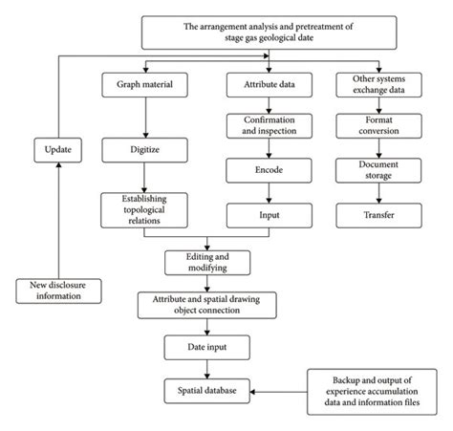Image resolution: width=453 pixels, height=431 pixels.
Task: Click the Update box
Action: pyautogui.click(x=58, y=150)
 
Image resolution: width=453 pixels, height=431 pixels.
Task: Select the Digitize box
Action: pyautogui.click(x=144, y=150)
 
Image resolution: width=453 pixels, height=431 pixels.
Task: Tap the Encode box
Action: pyautogui.click(x=269, y=170)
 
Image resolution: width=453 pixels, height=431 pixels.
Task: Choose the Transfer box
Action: pyautogui.click(x=378, y=216)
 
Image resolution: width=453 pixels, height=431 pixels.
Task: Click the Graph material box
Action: pyautogui.click(x=144, y=85)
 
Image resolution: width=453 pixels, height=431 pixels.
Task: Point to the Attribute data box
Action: pyautogui.click(x=270, y=85)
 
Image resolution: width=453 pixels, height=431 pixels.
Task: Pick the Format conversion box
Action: pyautogui.click(x=378, y=126)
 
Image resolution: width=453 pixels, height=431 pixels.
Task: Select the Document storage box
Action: pyautogui.click(x=378, y=170)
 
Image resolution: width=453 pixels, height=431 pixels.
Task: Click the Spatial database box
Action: pyautogui.click(x=207, y=391)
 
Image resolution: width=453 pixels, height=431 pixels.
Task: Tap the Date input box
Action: pyautogui.click(x=207, y=347)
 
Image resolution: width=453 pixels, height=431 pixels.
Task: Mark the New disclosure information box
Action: pyautogui.click(x=58, y=291)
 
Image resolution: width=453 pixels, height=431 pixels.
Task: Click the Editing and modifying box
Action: pyautogui.click(x=207, y=263)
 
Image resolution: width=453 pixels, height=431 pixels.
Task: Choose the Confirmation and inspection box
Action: pyautogui.click(x=270, y=126)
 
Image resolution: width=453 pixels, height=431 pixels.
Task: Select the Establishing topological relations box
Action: pyautogui.click(x=144, y=210)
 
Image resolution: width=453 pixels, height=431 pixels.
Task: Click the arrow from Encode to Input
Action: pyautogui.click(x=269, y=193)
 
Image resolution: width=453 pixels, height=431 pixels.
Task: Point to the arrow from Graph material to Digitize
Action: pyautogui.click(x=145, y=118)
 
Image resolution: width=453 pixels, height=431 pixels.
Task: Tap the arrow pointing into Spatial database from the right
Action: pyautogui.click(x=279, y=392)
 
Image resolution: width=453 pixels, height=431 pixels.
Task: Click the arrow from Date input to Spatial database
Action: pyautogui.click(x=207, y=369)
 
